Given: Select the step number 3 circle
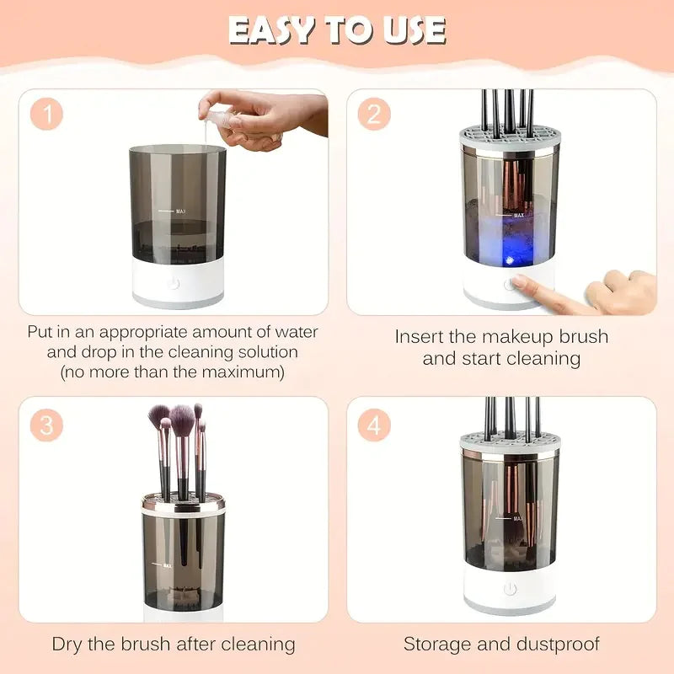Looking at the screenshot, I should (48, 425).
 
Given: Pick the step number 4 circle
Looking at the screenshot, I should (373, 425).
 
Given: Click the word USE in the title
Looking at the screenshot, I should (412, 30).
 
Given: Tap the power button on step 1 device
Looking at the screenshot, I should (174, 283).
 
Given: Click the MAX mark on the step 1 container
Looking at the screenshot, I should (179, 211).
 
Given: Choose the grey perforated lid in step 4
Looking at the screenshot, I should (509, 443).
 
